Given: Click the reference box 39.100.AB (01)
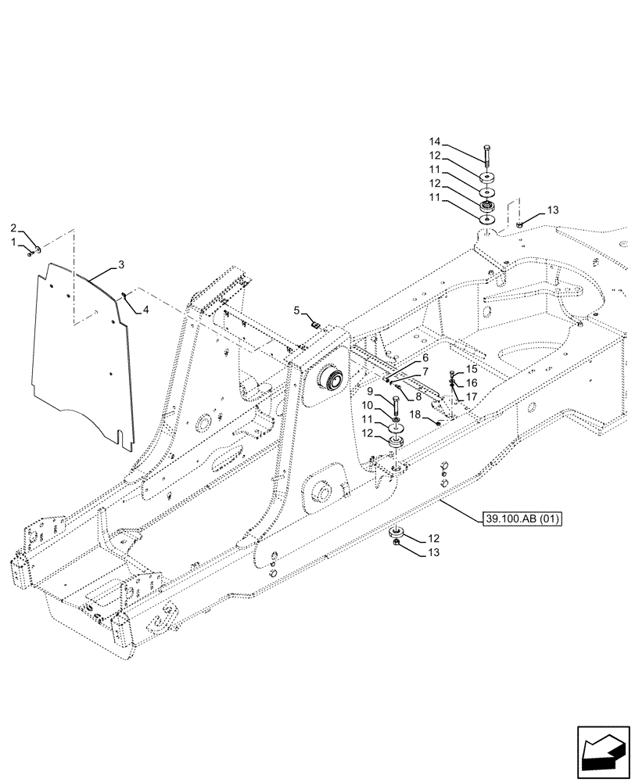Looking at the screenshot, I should pyautogui.click(x=518, y=518).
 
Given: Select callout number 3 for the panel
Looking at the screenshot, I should pyautogui.click(x=121, y=267).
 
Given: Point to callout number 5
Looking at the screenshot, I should pyautogui.click(x=296, y=310).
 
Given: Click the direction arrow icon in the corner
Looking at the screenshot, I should pyautogui.click(x=605, y=752).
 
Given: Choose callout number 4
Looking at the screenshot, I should pyautogui.click(x=144, y=310).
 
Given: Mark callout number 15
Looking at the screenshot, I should pyautogui.click(x=472, y=368).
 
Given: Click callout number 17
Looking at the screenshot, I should pyautogui.click(x=472, y=396).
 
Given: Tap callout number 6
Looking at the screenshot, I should pyautogui.click(x=425, y=357).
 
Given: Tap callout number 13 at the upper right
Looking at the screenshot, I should pyautogui.click(x=553, y=210).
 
